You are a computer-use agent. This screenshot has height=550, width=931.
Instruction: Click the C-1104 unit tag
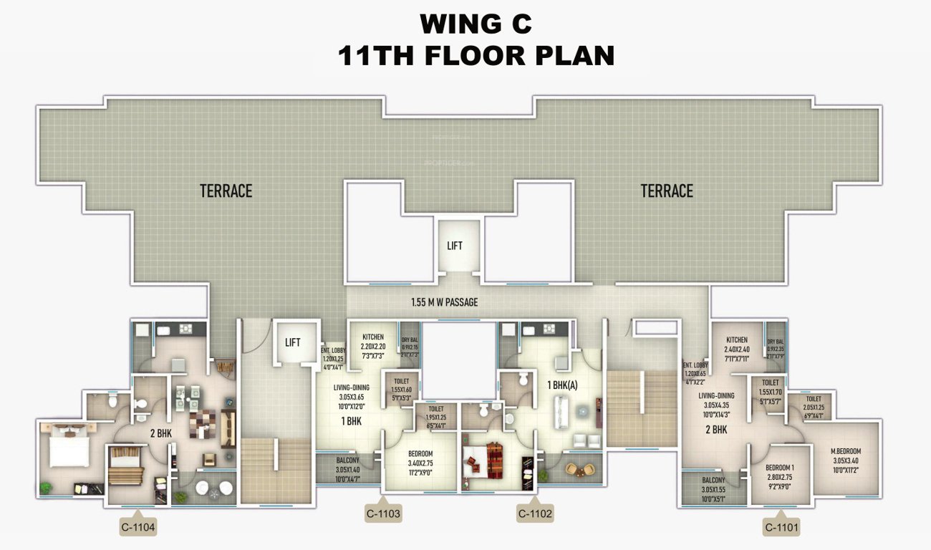click(138, 529)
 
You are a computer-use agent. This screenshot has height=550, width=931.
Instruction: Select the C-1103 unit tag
click(383, 513)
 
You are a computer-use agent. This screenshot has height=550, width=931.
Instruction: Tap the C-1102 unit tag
click(534, 513)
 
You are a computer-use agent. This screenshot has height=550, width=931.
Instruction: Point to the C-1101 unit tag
click(782, 529)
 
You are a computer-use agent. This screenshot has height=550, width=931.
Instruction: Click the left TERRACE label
click(226, 191)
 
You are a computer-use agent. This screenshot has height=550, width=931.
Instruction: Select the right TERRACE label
click(667, 191)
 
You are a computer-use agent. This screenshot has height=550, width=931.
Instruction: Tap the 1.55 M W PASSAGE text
click(444, 302)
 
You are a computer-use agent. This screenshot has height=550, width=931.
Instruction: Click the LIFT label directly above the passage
click(455, 246)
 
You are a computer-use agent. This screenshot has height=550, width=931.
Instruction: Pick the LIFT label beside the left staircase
click(293, 342)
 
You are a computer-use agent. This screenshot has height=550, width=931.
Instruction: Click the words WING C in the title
click(476, 24)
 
